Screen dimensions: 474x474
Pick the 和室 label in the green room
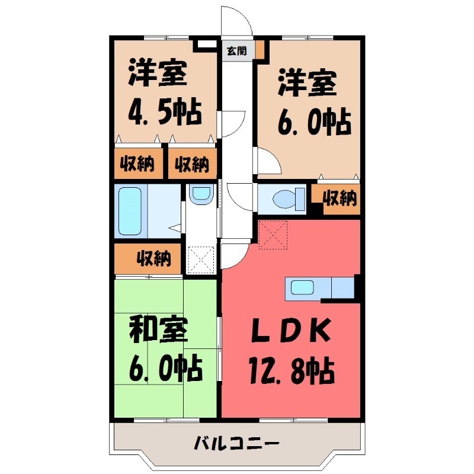[158, 329]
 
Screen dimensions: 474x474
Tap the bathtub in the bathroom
[132, 212]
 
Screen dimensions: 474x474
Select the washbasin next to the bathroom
[201, 195]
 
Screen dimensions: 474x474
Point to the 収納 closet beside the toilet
[340, 198]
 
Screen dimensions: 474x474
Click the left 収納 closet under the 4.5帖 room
[138, 164]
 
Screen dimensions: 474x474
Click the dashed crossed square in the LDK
[273, 233]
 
